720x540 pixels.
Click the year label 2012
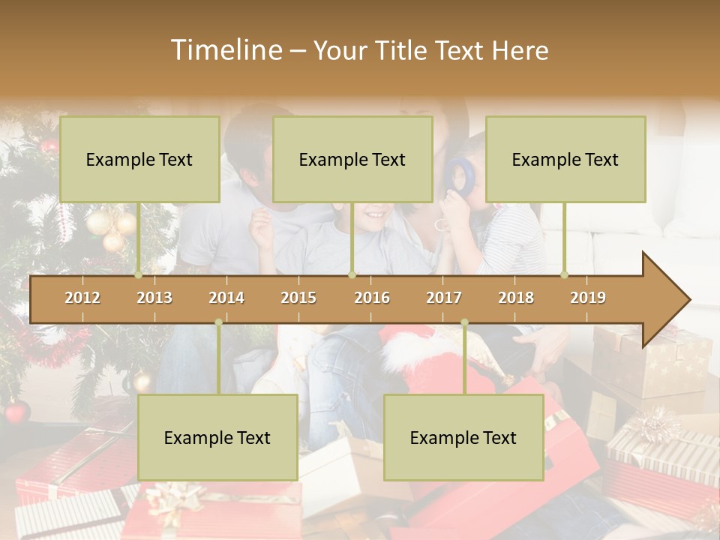(x=82, y=298)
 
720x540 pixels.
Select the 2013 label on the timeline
(x=154, y=298)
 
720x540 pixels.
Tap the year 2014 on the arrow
(x=226, y=298)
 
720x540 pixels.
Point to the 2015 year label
(x=298, y=298)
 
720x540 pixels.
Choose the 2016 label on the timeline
(x=372, y=298)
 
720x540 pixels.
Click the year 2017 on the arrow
(x=444, y=298)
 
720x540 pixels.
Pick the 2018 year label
(x=516, y=298)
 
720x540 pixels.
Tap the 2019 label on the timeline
(x=588, y=298)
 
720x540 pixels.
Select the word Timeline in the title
(x=225, y=50)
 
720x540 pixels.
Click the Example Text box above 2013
(x=139, y=159)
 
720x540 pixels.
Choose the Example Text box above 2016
(x=352, y=159)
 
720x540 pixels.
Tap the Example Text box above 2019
(x=565, y=159)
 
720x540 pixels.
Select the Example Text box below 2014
(x=217, y=438)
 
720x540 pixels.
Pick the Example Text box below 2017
(x=463, y=438)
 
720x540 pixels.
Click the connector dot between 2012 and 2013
(x=138, y=274)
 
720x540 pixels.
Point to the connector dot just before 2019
(x=564, y=274)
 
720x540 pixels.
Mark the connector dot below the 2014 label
(x=218, y=322)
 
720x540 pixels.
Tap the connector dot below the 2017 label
(x=464, y=322)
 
